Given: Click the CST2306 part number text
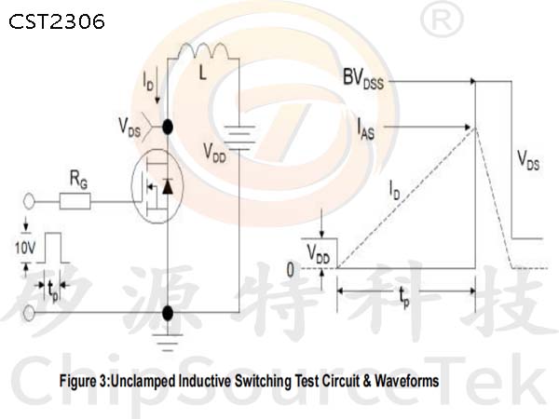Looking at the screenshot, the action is (57, 21).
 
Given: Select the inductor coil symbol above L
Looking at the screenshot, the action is (203, 50).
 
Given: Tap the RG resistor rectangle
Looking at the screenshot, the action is (75, 201).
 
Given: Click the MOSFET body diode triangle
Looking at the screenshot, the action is (168, 187).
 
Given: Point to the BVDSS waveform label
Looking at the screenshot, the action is (363, 78).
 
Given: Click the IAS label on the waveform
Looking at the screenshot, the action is (366, 129).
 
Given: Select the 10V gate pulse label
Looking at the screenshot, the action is (25, 248).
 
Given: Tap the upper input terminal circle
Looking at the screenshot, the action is (29, 202).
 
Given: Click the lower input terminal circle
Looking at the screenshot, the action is (29, 313).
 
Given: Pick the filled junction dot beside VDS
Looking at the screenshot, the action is (168, 127).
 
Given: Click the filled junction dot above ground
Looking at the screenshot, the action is (168, 313).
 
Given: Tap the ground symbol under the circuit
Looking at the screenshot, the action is (168, 343).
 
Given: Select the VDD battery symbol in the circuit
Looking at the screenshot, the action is (239, 138).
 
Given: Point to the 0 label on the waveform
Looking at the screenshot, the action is (291, 270).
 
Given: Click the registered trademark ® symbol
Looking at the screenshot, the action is (442, 20).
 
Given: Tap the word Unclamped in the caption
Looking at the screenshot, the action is (144, 381).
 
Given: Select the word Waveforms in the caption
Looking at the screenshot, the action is (407, 381).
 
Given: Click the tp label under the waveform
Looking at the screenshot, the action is (404, 297).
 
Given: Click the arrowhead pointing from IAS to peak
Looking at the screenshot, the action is (468, 127).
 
